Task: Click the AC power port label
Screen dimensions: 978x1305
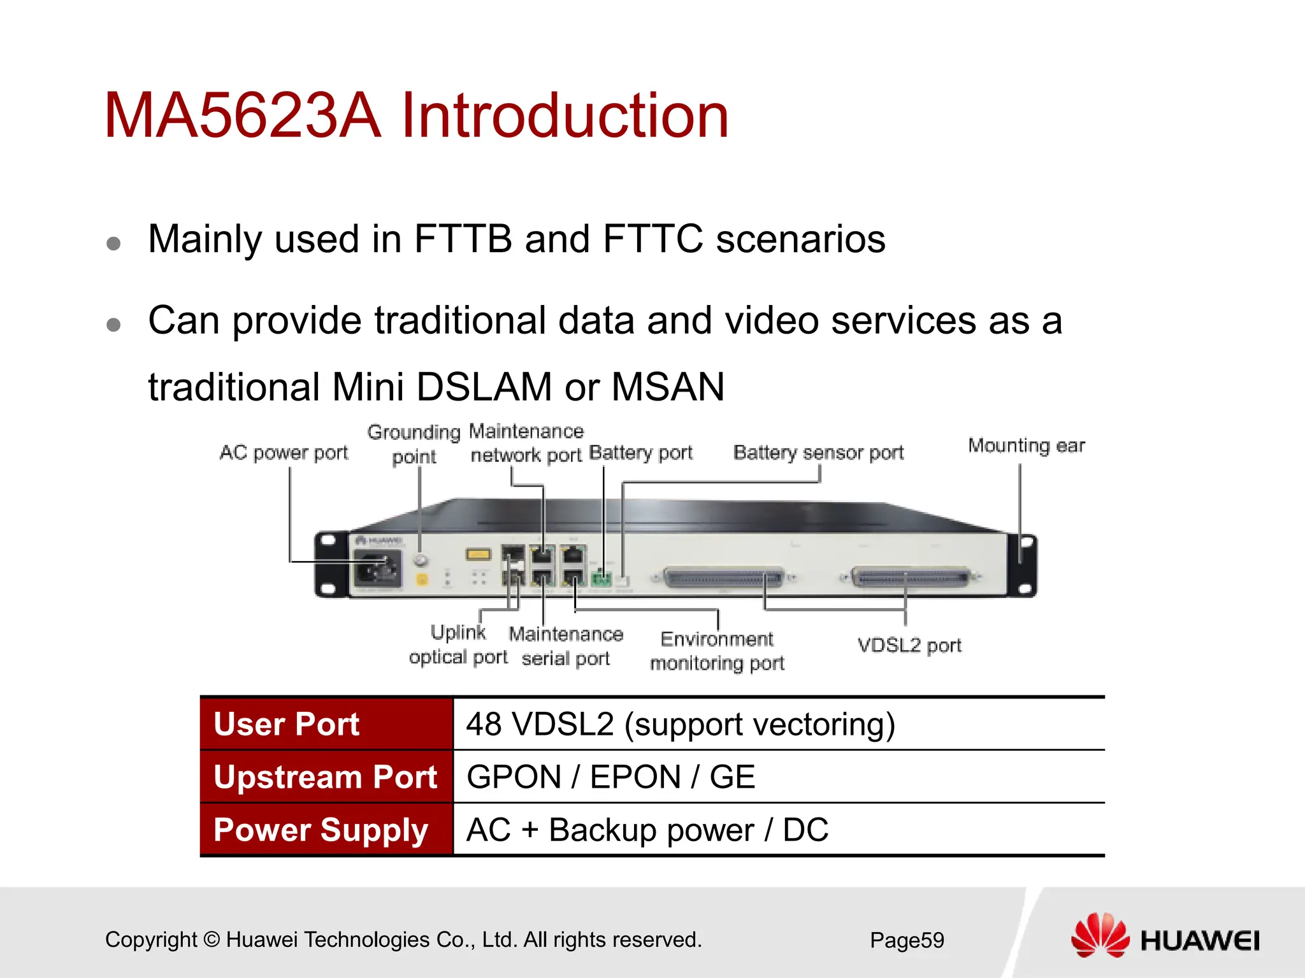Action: coord(284,453)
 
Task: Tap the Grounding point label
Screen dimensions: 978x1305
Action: coord(414,444)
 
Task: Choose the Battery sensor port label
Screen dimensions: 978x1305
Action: coord(818,453)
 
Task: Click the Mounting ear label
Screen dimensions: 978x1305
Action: coord(1026,446)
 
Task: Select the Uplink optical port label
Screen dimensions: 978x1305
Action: coord(458,645)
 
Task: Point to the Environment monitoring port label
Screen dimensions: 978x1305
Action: coord(717,651)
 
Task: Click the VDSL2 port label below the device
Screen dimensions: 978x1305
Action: coord(909,646)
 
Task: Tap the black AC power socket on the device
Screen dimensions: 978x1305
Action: coord(378,568)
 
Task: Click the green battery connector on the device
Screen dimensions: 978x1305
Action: coord(601,579)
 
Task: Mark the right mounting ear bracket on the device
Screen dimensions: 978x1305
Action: coord(1023,566)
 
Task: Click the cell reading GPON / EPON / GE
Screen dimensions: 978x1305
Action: coord(610,777)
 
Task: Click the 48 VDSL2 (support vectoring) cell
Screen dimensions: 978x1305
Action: coord(681,724)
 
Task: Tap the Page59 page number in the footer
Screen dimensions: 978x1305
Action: coord(907,940)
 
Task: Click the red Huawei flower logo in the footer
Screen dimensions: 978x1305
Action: coord(1100,935)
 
